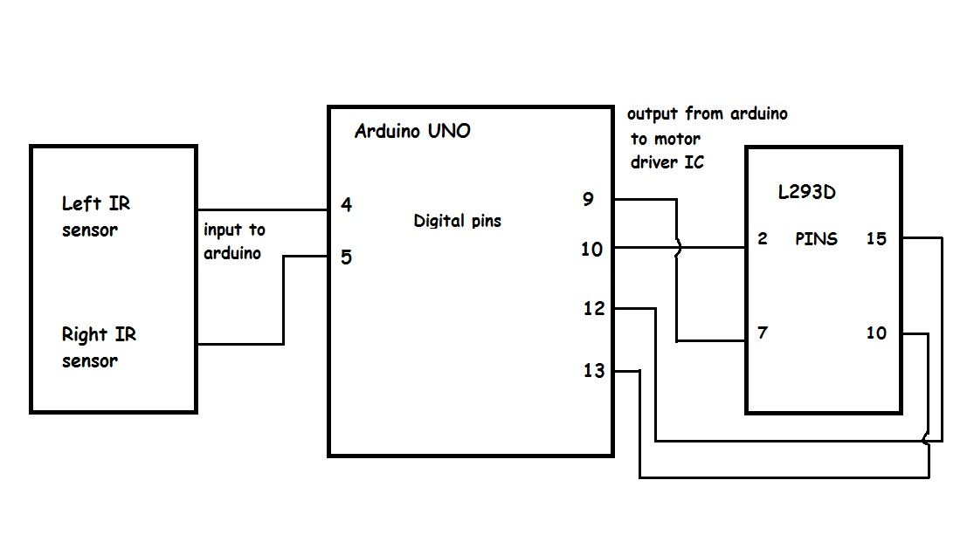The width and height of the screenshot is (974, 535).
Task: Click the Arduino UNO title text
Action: (412, 131)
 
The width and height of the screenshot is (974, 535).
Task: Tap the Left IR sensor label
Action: (96, 216)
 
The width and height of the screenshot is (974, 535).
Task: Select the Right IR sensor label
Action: (99, 347)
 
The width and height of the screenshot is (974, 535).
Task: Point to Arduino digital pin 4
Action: (347, 205)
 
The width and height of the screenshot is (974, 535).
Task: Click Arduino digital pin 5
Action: (347, 257)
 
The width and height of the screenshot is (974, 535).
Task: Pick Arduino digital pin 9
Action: (588, 199)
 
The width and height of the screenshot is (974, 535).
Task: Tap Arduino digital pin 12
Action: (594, 308)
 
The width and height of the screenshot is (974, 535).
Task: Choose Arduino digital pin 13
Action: (594, 371)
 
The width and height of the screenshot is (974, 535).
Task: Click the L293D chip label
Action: (806, 192)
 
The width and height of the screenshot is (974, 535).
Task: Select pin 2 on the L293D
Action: (763, 239)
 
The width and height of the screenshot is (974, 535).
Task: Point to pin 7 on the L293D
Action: (763, 333)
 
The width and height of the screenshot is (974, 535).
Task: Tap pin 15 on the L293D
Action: (876, 239)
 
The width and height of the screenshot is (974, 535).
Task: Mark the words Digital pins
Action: (457, 221)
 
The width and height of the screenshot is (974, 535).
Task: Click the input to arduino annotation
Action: (234, 242)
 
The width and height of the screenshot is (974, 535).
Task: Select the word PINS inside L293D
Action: (816, 239)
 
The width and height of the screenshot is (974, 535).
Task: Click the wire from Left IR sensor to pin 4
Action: (263, 209)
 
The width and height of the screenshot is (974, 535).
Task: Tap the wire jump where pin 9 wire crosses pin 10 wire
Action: (678, 248)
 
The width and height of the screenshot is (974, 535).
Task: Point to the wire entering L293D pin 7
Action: (711, 340)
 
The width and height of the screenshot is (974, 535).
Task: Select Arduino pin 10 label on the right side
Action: (591, 250)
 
